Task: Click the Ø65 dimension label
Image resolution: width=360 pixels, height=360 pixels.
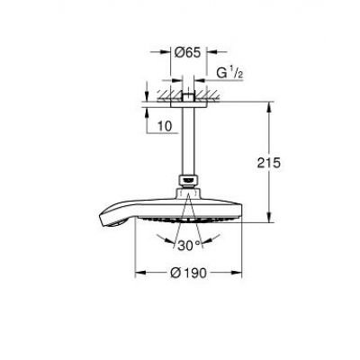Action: pyautogui.click(x=187, y=53)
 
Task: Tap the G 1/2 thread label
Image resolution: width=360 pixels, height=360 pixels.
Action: pyautogui.click(x=229, y=73)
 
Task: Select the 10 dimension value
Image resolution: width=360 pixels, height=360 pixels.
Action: pyautogui.click(x=165, y=126)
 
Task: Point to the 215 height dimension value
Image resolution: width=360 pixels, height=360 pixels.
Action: pyautogui.click(x=268, y=163)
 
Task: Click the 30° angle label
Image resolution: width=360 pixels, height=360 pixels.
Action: pyautogui.click(x=189, y=246)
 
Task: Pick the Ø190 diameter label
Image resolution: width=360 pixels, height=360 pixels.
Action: pyautogui.click(x=189, y=273)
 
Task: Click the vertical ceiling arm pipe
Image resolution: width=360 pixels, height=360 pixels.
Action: pyautogui.click(x=188, y=141)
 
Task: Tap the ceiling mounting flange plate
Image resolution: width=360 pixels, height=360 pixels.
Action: pyautogui.click(x=188, y=104)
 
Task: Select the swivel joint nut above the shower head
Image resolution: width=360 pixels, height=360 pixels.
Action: pyautogui.click(x=188, y=182)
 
